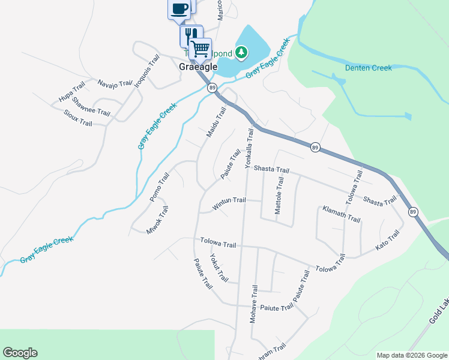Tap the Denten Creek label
pos(369,68)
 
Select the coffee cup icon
pos(179,9)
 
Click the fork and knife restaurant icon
pos(191,35)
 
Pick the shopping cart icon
pos(200,48)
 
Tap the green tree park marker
pos(241,52)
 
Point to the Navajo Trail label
pos(114,85)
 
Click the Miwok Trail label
pos(158,220)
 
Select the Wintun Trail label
pos(229,204)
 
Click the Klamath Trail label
pos(341,214)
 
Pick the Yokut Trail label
pos(219,268)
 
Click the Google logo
pos(20,353)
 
